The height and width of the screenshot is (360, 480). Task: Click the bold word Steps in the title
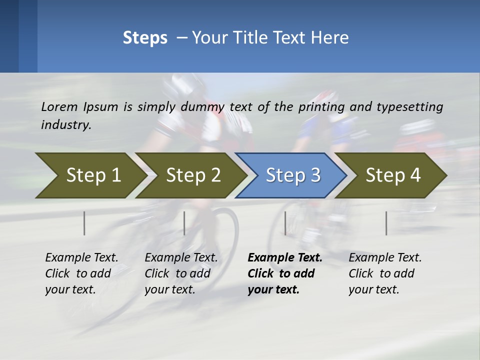tap(145, 38)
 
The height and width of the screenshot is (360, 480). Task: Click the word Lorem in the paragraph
tap(59, 106)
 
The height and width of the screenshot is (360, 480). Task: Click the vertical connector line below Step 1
tap(84, 223)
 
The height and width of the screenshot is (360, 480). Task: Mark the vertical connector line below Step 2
tap(184, 223)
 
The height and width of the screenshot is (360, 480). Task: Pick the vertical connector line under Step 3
tap(285, 223)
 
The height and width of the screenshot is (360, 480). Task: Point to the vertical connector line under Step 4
tap(386, 223)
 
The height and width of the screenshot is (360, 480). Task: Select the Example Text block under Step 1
tap(81, 273)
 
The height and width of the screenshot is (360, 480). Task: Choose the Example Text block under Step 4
tap(385, 273)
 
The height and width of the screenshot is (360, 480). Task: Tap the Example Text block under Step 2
tap(181, 273)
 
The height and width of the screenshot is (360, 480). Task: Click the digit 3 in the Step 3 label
tap(315, 175)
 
